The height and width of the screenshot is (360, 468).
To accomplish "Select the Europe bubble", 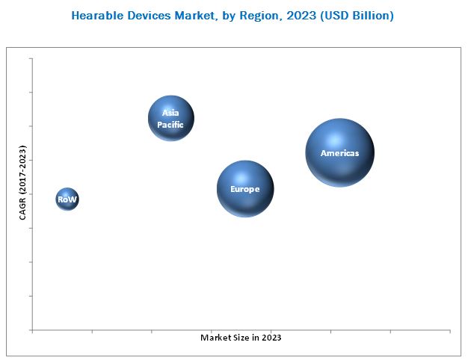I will pos(245,189).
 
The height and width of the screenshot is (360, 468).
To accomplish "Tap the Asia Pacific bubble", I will pos(171,118).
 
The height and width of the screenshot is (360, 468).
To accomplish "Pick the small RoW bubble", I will pos(67,199).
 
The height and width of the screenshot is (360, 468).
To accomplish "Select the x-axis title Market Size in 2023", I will pos(241,338).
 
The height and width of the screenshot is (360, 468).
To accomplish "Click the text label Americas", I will pos(339,153).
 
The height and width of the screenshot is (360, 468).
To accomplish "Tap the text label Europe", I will pos(245,190).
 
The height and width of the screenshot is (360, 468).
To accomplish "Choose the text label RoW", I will pos(67,200).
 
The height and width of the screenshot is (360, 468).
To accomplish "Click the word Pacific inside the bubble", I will pos(170,125).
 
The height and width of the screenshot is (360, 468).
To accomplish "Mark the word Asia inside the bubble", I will pos(170,114).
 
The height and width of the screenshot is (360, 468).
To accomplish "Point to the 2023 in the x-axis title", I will pos(271,338).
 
